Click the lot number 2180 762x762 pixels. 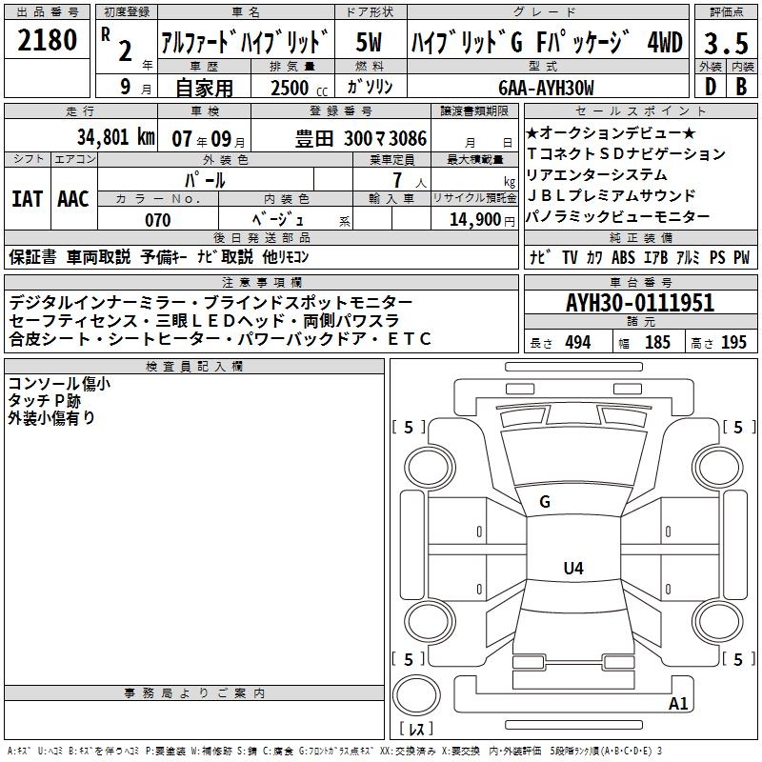(47, 40)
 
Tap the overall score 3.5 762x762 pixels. (726, 43)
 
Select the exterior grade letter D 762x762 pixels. (711, 87)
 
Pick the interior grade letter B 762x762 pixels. (741, 87)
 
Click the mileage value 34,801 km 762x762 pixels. (116, 137)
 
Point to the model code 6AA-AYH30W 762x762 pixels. (546, 88)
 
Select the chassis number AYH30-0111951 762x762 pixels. (640, 303)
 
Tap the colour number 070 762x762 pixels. (158, 220)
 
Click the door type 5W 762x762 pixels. (369, 42)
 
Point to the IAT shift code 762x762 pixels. (27, 199)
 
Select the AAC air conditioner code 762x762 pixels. (73, 199)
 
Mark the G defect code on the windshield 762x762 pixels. (545, 502)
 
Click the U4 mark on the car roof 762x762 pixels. (573, 568)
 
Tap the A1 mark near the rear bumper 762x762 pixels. (678, 703)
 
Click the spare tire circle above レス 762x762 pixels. (416, 694)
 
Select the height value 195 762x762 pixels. (733, 342)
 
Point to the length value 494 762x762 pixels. (578, 342)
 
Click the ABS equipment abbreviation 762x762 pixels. (623, 257)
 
